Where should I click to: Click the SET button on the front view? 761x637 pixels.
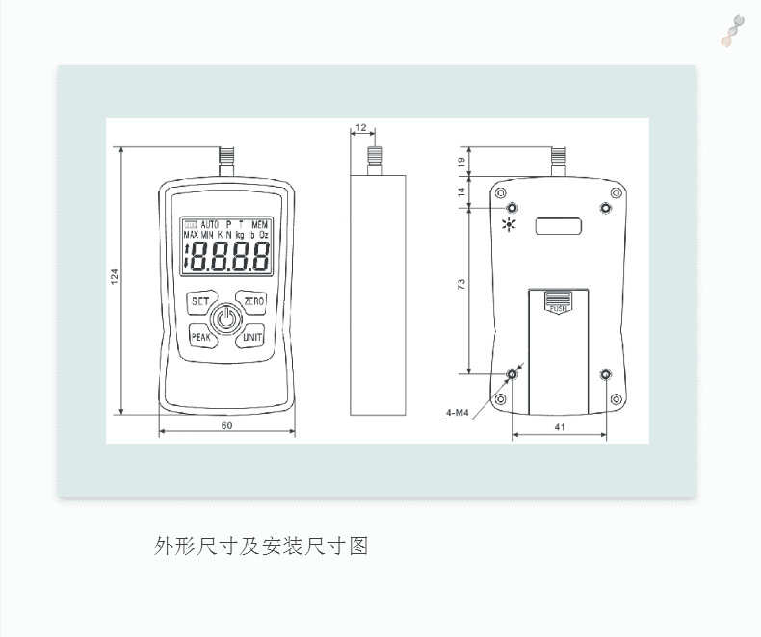pyautogui.click(x=200, y=301)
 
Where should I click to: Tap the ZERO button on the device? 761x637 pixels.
pyautogui.click(x=253, y=301)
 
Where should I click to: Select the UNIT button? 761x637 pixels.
pyautogui.click(x=252, y=337)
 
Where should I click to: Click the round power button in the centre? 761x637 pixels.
pyautogui.click(x=226, y=318)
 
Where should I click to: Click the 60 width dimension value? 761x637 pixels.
pyautogui.click(x=226, y=425)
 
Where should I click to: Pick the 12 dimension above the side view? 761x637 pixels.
pyautogui.click(x=361, y=127)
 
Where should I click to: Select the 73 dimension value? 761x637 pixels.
pyautogui.click(x=461, y=285)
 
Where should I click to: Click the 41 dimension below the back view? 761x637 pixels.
pyautogui.click(x=560, y=424)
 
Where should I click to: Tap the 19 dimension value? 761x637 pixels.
pyautogui.click(x=461, y=164)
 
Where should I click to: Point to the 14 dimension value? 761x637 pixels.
pyautogui.click(x=461, y=192)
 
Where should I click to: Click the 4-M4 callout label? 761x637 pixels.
pyautogui.click(x=457, y=414)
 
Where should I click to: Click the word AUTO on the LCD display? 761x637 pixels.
pyautogui.click(x=210, y=223)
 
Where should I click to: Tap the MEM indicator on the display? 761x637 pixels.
pyautogui.click(x=259, y=223)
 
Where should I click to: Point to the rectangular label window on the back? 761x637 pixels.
pyautogui.click(x=559, y=227)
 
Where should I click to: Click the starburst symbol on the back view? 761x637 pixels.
pyautogui.click(x=509, y=227)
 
